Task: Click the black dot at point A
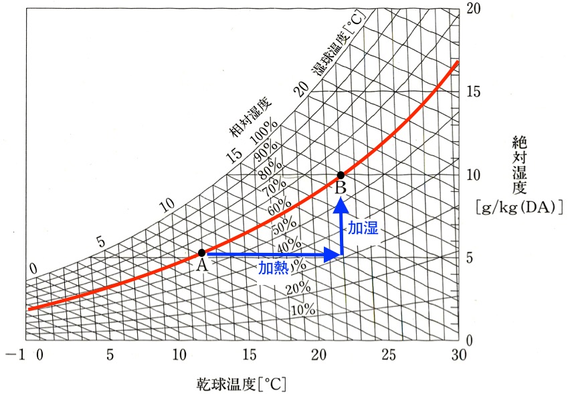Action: coord(201,253)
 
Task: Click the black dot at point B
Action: coord(341,175)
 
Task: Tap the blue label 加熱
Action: coord(274,268)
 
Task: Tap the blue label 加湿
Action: coord(363,228)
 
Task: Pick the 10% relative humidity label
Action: coord(303,309)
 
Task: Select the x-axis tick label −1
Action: coord(13,354)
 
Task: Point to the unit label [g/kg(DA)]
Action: coord(519,207)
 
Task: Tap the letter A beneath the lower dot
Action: coord(200,265)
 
